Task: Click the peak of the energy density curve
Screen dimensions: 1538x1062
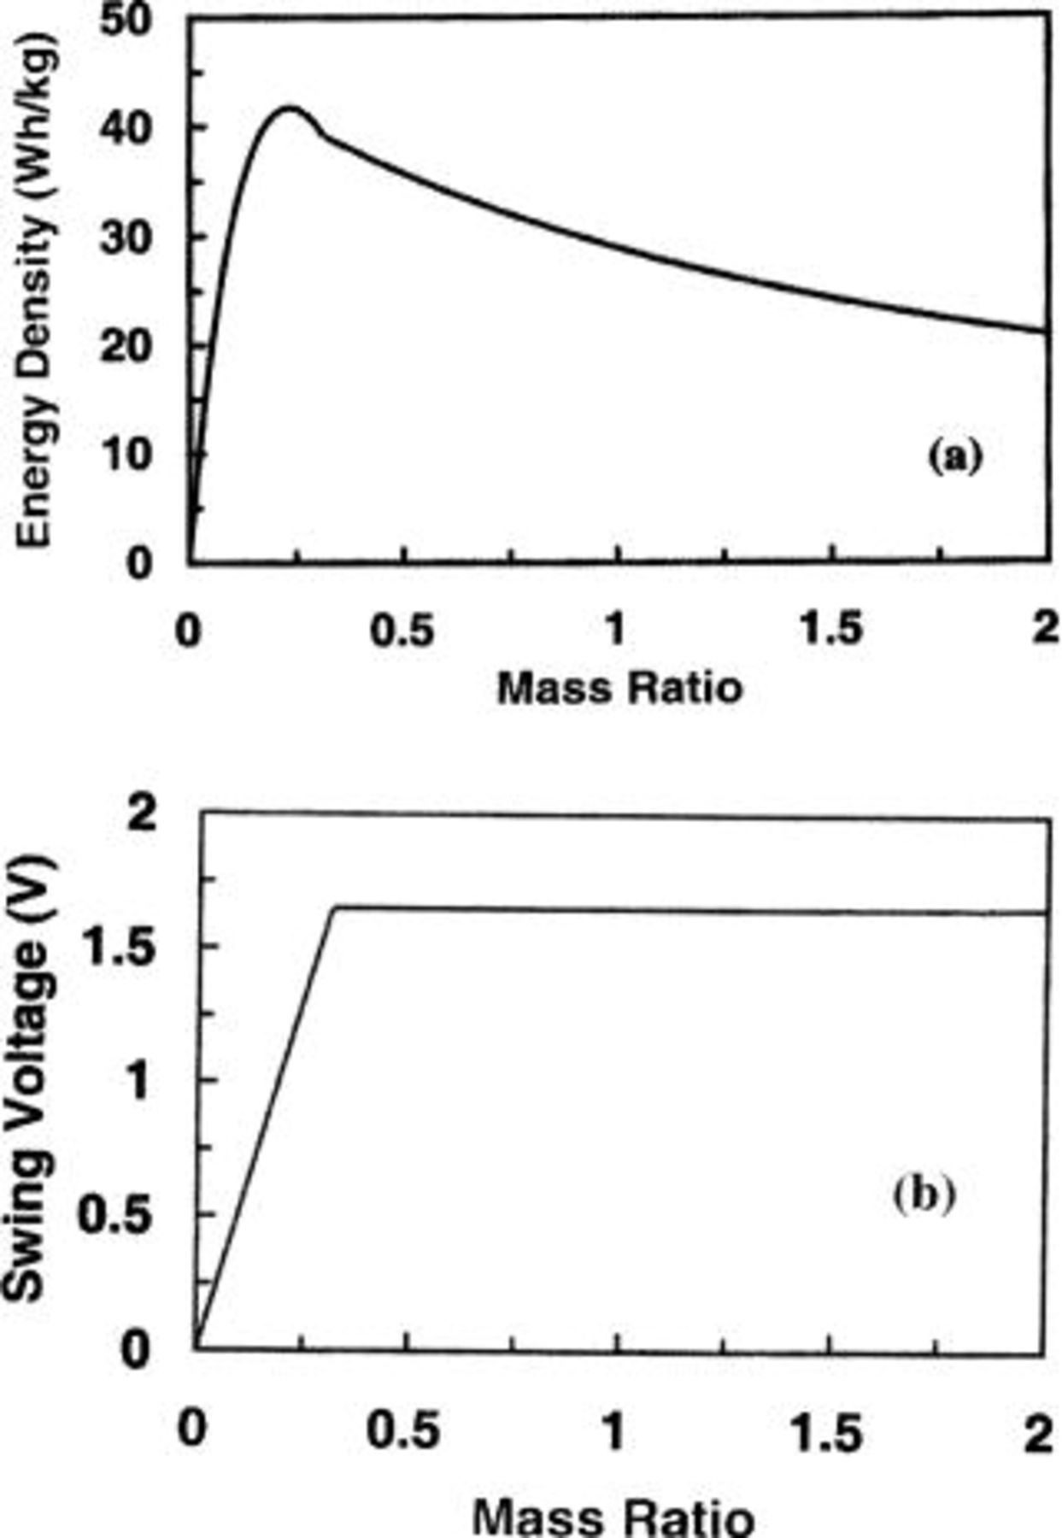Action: pos(290,109)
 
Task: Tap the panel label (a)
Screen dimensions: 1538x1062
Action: pos(954,456)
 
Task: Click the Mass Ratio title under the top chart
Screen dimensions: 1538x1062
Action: pos(619,687)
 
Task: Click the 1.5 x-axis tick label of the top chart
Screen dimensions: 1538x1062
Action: pos(830,631)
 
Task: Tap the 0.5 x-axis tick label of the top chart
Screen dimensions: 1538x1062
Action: pos(403,631)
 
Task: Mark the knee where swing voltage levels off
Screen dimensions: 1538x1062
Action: pos(334,907)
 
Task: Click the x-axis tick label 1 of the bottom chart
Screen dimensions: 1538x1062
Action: pos(613,1430)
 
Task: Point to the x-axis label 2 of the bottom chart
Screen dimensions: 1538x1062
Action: pos(1037,1432)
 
